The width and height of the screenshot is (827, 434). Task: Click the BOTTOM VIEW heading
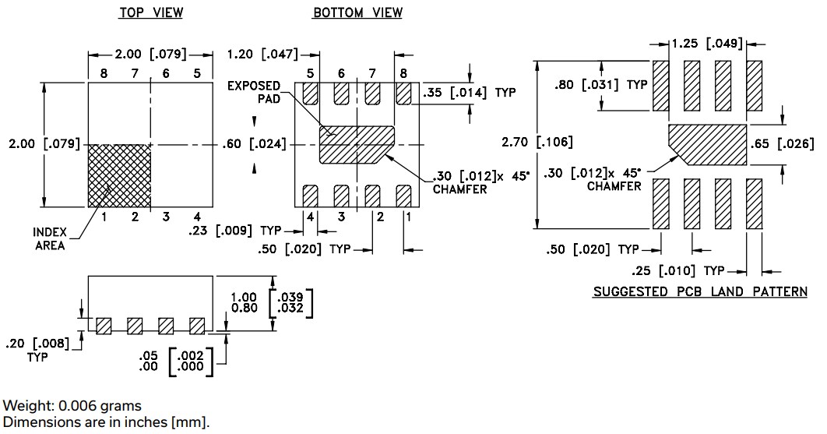point(357,13)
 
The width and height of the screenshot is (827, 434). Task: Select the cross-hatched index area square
point(119,175)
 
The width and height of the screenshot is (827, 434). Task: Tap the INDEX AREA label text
point(49,239)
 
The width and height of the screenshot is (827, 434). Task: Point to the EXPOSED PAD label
point(254,92)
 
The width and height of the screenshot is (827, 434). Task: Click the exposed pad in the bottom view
point(357,145)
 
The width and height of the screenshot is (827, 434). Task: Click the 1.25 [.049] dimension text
point(706,44)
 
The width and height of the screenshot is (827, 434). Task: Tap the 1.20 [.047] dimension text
point(263,55)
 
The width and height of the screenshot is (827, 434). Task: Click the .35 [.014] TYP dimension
point(469,93)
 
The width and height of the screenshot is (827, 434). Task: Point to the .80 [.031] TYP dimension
point(600,85)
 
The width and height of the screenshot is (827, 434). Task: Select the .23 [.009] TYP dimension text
point(234,231)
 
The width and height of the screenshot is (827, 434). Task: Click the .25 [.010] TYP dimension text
point(677,270)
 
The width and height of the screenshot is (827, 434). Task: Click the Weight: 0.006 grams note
point(72,406)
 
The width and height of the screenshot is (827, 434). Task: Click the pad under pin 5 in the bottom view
point(311,94)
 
